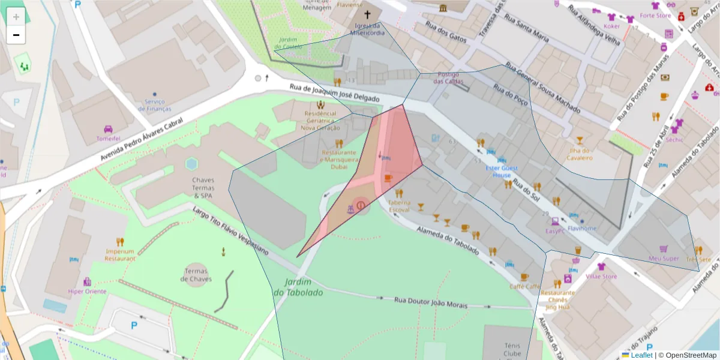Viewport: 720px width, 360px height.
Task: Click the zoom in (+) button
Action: click(x=16, y=17)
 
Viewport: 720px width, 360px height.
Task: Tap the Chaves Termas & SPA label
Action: click(x=203, y=187)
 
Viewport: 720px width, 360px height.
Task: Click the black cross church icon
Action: click(x=367, y=14)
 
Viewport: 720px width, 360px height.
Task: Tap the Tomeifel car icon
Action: click(x=109, y=129)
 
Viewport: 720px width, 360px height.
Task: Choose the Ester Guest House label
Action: click(x=502, y=172)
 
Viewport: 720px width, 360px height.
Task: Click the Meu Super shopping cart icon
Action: click(x=664, y=249)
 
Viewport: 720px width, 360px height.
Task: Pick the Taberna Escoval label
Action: click(x=399, y=206)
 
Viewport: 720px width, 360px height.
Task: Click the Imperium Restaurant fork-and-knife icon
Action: click(x=120, y=242)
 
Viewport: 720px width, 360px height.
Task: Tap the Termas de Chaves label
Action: click(x=197, y=275)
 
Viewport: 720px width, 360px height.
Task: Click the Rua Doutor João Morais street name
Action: click(x=430, y=302)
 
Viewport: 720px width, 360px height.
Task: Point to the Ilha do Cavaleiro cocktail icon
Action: click(x=580, y=140)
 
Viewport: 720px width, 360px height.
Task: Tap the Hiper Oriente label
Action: click(x=87, y=292)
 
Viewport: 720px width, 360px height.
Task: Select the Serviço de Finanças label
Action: click(x=154, y=106)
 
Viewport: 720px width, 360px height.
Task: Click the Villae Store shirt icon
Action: click(x=601, y=266)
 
